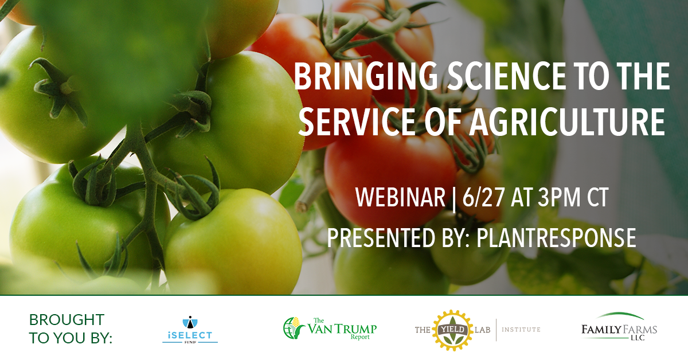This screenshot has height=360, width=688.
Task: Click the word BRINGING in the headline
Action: click(x=366, y=76)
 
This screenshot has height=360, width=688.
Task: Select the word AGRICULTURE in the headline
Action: click(x=566, y=121)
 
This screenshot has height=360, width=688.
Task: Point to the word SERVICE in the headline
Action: click(x=357, y=121)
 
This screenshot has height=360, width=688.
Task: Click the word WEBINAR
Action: click(x=401, y=198)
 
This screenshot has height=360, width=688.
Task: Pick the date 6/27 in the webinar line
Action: click(x=483, y=198)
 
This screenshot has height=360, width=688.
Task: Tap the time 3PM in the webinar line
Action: click(x=558, y=198)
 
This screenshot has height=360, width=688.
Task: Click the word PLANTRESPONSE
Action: click(x=556, y=237)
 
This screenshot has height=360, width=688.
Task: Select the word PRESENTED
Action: click(x=380, y=237)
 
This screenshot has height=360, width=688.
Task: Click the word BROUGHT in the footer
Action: click(x=67, y=320)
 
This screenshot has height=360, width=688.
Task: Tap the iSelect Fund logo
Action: click(x=190, y=330)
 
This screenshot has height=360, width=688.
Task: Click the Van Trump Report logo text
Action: click(x=342, y=329)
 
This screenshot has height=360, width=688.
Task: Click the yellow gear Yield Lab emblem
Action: click(x=452, y=330)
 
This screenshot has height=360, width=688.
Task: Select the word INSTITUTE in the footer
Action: click(x=521, y=330)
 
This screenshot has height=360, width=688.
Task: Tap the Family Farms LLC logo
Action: click(x=619, y=327)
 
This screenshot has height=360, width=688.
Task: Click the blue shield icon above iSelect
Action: click(x=190, y=322)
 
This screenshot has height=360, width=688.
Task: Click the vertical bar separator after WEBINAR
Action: click(x=454, y=199)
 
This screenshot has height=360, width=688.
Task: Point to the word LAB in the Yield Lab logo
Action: click(x=483, y=330)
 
